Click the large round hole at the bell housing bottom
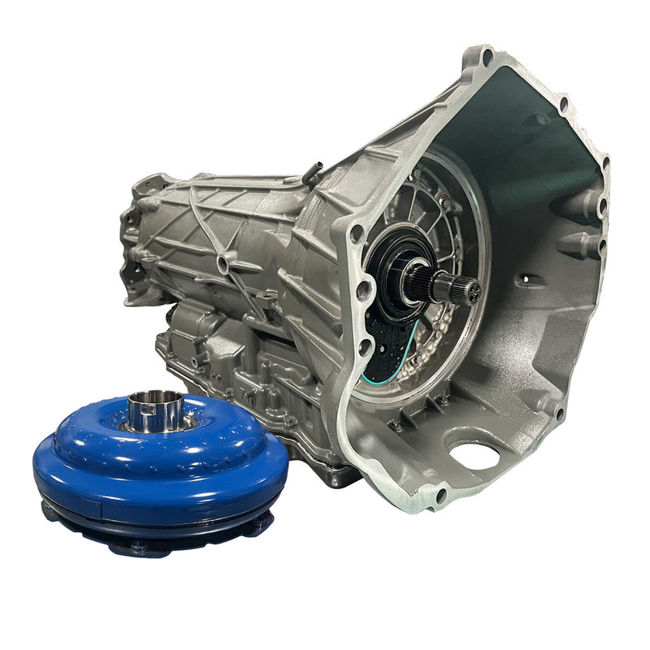pos(474,456)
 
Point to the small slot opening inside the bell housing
pos(531,280)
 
